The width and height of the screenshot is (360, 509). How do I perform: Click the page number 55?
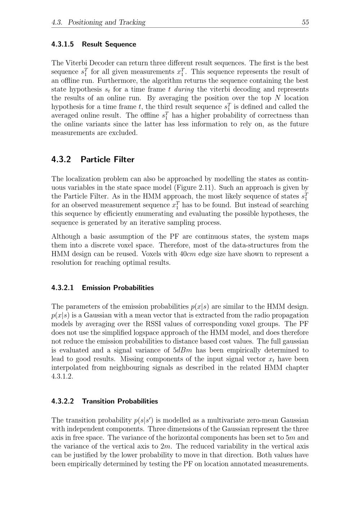click(305, 22)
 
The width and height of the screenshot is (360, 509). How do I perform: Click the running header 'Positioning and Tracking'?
click(107, 22)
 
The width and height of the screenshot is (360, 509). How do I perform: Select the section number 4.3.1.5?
click(63, 44)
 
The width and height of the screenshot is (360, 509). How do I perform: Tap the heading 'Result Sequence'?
click(109, 44)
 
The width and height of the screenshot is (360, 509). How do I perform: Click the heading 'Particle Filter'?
click(107, 159)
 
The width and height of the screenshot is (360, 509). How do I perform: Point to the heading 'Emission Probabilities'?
click(118, 288)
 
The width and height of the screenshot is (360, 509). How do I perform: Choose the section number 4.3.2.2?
click(63, 401)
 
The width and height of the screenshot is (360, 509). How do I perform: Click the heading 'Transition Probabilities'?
click(120, 401)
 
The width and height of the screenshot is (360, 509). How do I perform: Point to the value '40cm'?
click(187, 254)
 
